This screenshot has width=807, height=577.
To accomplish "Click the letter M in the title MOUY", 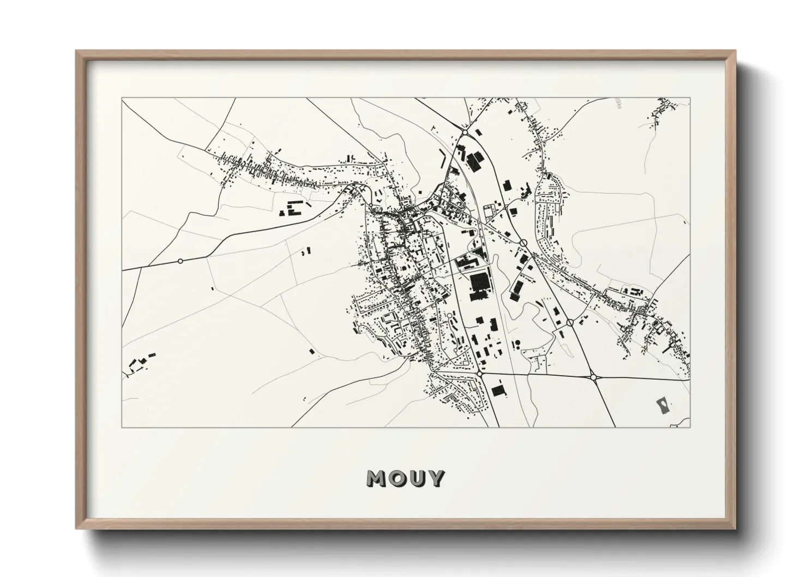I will tap(377, 479).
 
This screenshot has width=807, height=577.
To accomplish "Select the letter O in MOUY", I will tap(397, 479).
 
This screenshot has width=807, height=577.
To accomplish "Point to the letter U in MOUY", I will tap(416, 479).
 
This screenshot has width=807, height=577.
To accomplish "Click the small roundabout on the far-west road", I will tap(180, 261).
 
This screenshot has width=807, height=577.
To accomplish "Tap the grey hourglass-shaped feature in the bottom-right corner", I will tap(663, 405).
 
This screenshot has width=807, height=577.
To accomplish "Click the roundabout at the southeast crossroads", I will tap(593, 376).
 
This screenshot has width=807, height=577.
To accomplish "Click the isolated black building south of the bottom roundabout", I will tap(497, 390).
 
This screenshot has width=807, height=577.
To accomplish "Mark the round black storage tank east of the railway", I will tap(517, 342).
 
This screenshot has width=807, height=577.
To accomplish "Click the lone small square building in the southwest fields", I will tap(311, 352).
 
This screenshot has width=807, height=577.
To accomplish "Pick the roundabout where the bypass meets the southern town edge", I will tap(479, 374).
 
